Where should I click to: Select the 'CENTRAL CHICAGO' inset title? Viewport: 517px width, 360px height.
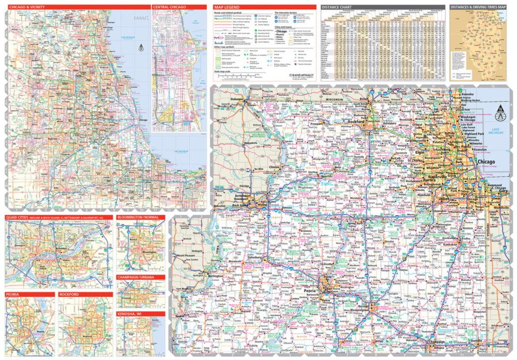pyautogui.click(x=169, y=7)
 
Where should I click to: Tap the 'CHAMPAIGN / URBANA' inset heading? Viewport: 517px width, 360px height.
pyautogui.click(x=136, y=277)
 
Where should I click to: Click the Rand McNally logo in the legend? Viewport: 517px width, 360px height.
pyautogui.click(x=300, y=74)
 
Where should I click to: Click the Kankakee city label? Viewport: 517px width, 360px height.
pyautogui.click(x=450, y=243)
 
